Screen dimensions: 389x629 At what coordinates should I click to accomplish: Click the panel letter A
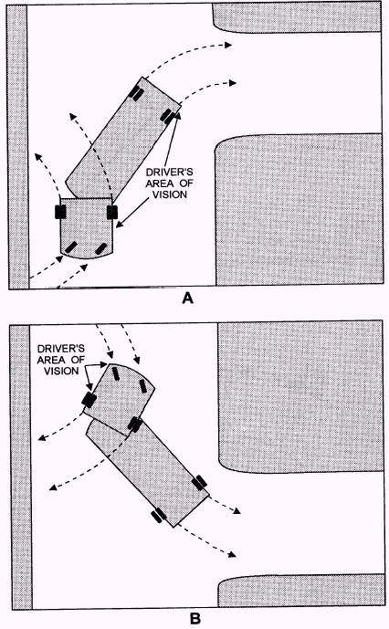pos(187,299)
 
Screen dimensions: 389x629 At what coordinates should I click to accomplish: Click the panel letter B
pos(194,619)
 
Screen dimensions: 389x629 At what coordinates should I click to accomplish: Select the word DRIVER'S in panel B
pos(60,349)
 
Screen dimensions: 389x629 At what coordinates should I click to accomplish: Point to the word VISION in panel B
pos(61,371)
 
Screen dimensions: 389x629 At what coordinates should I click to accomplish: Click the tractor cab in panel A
pos(87,227)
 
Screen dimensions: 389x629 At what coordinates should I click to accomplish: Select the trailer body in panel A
pos(123,140)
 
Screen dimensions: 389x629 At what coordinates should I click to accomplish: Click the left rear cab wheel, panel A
pos(60,212)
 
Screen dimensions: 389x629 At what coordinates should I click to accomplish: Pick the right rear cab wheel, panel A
pos(112,212)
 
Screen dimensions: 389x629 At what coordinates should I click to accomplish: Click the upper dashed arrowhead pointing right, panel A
pos(228,45)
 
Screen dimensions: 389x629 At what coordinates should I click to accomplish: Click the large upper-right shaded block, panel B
pos(300,396)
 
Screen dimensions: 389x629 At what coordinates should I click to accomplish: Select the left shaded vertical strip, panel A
pos(17,147)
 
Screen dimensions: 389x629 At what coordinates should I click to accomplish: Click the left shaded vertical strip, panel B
pos(21,467)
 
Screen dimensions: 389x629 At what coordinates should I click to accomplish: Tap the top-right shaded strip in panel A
pos(297,18)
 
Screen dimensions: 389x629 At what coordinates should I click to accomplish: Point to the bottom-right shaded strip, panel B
pos(301,591)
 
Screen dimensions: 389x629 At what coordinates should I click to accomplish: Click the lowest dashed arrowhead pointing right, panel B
pos(232,554)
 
